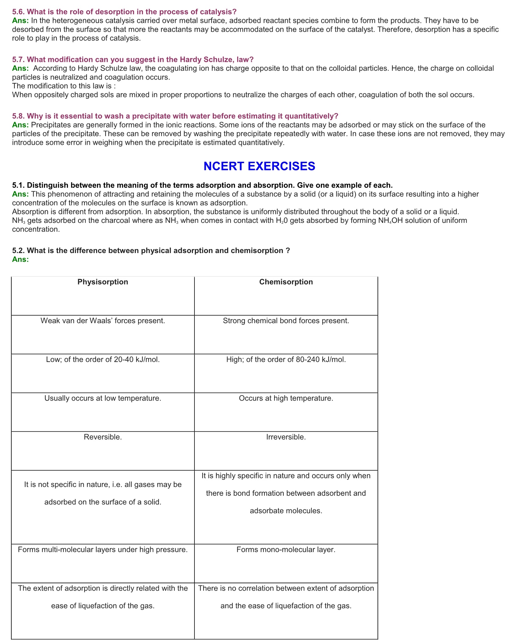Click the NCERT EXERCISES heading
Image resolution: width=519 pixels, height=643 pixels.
point(259,166)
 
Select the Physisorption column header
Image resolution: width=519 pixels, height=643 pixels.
point(103,282)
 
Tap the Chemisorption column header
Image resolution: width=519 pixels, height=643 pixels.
point(286,282)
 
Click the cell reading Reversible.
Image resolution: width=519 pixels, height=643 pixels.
point(103,437)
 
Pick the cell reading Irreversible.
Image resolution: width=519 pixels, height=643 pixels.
point(286,437)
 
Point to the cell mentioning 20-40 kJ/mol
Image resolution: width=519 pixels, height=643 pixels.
point(103,360)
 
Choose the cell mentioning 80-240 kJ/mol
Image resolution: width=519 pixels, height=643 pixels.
point(286,360)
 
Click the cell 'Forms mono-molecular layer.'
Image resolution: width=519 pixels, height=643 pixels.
point(286,549)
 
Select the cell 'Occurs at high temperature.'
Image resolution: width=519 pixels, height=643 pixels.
point(286,398)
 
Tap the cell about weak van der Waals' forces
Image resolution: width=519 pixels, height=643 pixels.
point(103,321)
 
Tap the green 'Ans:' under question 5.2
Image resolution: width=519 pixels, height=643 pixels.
point(20,259)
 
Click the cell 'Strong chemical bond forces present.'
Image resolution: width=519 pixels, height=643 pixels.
point(286,321)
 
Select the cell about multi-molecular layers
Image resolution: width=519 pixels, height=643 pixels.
point(103,549)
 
